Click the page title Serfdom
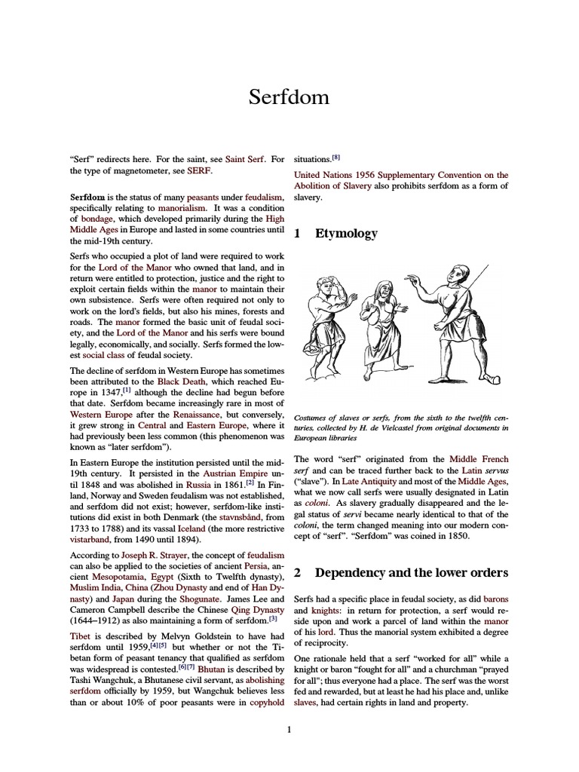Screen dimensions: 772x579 289,97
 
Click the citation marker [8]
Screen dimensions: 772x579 336,158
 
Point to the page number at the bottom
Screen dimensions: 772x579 289,729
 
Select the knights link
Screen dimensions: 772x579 311,609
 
